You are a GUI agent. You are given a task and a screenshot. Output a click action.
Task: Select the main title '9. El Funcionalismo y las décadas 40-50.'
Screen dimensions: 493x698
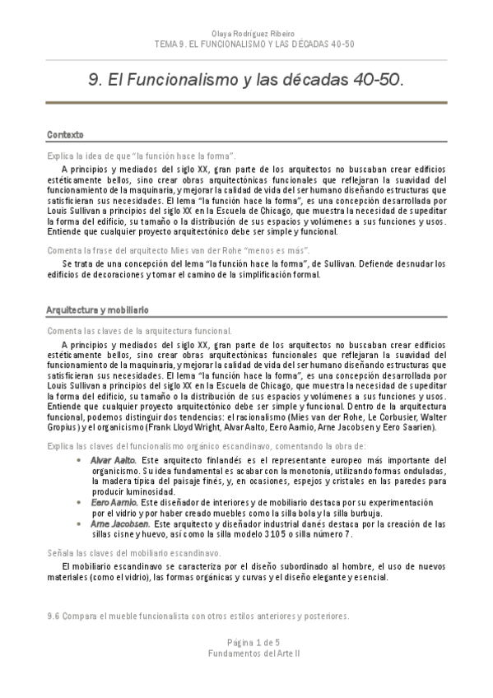(246, 81)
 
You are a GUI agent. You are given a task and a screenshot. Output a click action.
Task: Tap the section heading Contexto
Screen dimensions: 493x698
(64, 133)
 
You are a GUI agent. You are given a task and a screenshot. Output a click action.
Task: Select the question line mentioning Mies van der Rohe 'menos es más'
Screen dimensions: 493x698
(178, 249)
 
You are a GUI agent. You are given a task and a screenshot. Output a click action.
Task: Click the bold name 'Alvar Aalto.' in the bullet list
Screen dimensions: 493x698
(114, 459)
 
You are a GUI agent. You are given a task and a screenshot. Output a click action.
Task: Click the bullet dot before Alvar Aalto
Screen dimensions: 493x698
(78, 459)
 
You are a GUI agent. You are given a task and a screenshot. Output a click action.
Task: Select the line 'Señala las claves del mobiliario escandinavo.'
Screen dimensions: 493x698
(133, 553)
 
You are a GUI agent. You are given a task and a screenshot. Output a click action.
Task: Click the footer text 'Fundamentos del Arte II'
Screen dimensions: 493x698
(246, 652)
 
